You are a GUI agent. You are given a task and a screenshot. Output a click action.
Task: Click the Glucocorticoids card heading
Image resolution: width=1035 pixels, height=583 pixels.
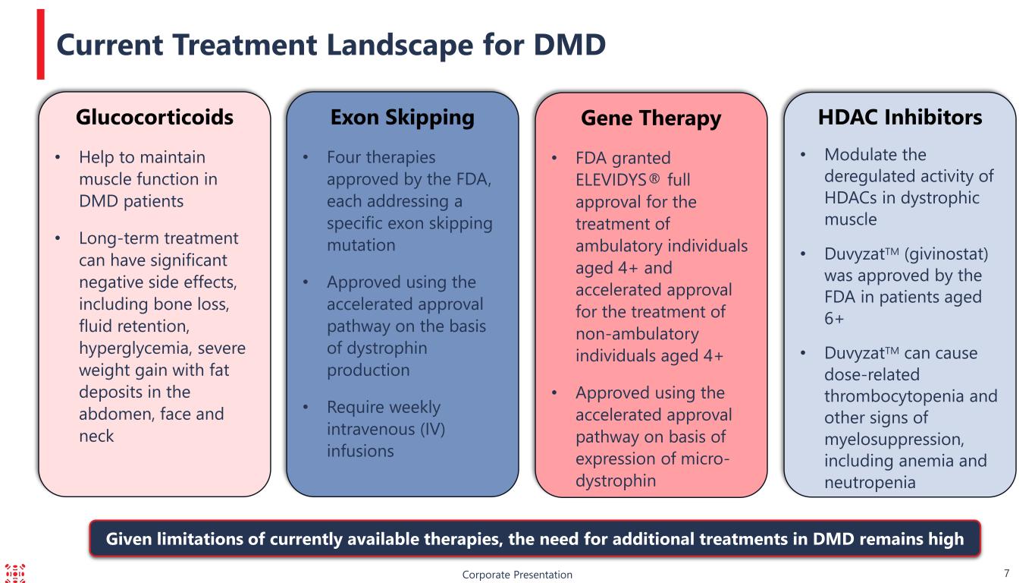[155, 117]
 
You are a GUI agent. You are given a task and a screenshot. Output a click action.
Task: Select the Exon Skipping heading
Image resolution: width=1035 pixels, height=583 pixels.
[403, 118]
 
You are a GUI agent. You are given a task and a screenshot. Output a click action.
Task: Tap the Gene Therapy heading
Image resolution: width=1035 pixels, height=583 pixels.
[651, 119]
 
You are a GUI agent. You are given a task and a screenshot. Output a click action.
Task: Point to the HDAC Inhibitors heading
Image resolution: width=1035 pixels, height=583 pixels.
[900, 117]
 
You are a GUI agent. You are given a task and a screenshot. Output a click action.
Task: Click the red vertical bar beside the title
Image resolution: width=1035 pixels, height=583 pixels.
[41, 44]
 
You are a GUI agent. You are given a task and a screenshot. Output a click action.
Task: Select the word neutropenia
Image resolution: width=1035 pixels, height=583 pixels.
[870, 483]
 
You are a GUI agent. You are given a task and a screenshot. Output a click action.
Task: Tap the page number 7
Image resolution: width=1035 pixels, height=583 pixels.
[1006, 573]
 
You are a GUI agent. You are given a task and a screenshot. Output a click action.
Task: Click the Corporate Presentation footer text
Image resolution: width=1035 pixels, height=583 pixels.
[517, 575]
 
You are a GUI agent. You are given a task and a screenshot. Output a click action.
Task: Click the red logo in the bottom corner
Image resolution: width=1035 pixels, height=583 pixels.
[15, 573]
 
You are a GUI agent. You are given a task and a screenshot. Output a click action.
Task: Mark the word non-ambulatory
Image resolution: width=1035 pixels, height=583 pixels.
[637, 334]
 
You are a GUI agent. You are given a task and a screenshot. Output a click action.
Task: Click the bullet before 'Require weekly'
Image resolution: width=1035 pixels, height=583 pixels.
[306, 407]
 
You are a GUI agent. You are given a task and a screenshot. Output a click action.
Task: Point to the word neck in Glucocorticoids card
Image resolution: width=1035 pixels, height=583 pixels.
[96, 436]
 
